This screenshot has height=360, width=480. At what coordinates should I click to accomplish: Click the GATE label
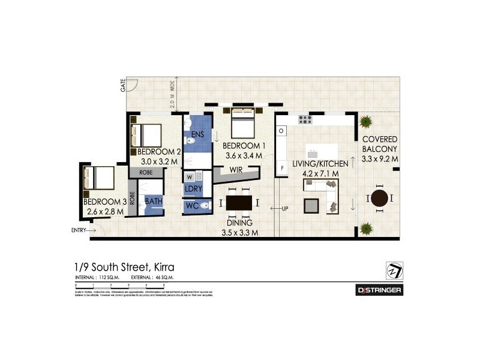point(122,85)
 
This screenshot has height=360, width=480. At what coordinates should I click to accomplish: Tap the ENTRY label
point(79,230)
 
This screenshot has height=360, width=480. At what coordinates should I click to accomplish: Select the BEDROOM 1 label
point(244,146)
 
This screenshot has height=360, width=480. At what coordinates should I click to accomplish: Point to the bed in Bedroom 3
point(100,178)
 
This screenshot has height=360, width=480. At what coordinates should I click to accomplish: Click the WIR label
point(235,170)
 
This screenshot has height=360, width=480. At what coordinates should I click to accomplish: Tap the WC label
point(192,206)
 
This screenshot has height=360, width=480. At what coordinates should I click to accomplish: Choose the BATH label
point(153,201)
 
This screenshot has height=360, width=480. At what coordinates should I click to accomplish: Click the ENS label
point(198,133)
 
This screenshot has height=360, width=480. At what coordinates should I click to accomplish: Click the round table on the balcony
point(379,199)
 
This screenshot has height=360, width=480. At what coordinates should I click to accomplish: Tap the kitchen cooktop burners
point(305,119)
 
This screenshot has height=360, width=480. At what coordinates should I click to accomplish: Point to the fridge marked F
point(282,169)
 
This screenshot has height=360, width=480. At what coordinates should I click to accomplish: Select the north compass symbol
point(393,271)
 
